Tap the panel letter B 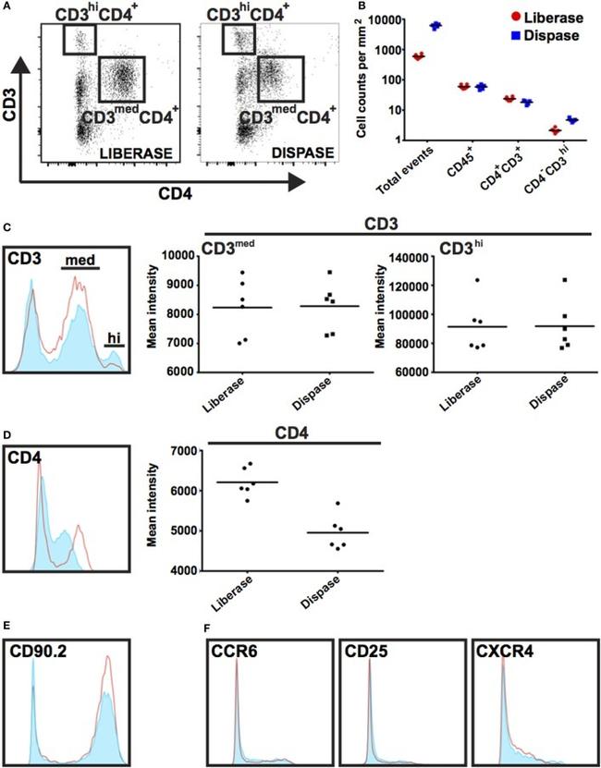pos(374,7)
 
